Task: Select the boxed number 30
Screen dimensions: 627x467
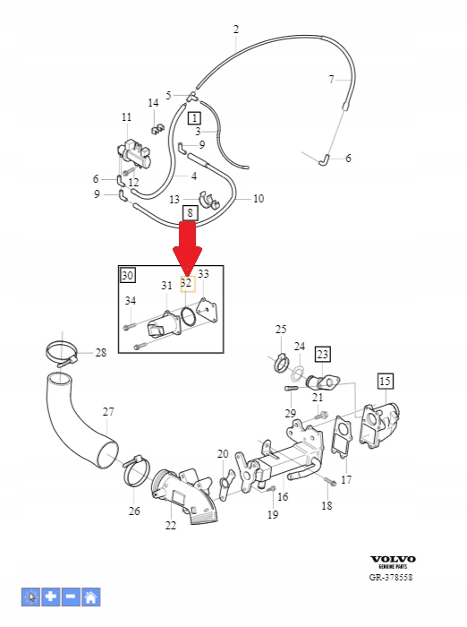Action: tap(128, 276)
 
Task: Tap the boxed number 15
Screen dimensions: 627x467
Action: tap(385, 382)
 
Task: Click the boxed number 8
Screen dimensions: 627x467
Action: tap(189, 212)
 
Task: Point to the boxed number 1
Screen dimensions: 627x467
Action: tap(194, 117)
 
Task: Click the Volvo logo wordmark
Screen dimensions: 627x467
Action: tap(394, 559)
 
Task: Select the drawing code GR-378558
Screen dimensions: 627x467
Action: tap(393, 578)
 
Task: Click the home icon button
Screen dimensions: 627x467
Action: tap(91, 596)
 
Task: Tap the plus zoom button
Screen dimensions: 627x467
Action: tap(50, 596)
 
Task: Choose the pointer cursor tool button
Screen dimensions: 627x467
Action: tap(30, 596)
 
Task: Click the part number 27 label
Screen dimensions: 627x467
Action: tap(108, 412)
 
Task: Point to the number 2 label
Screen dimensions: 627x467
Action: tap(236, 30)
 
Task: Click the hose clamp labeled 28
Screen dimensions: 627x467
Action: tap(58, 352)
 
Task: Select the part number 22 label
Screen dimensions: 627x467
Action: tap(170, 526)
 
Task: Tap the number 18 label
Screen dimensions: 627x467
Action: tap(327, 506)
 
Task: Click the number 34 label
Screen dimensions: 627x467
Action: tap(131, 301)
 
